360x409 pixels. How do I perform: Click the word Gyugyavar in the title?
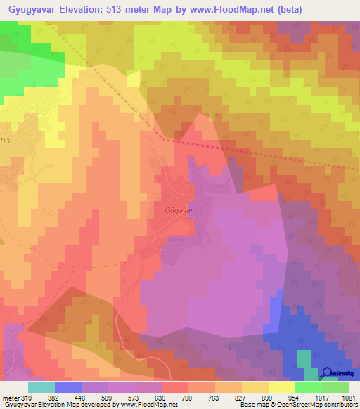click(34, 11)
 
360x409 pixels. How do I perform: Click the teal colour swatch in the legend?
click(41, 387)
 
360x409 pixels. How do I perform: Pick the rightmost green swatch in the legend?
click(335, 387)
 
